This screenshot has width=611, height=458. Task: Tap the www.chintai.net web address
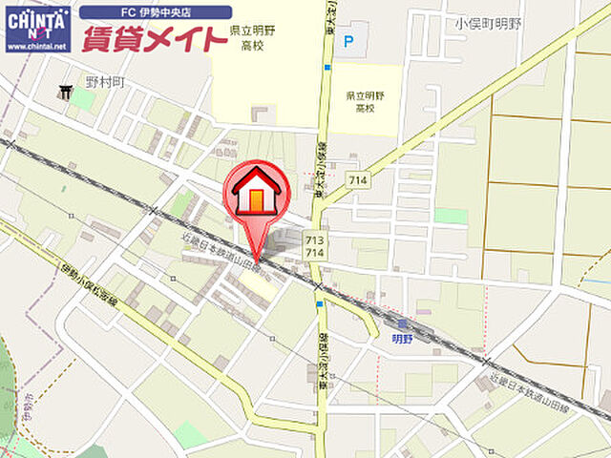click(37, 46)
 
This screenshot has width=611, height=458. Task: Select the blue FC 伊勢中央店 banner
click(155, 12)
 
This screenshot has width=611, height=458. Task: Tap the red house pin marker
click(256, 196)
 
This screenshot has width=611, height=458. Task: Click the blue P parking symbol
click(348, 41)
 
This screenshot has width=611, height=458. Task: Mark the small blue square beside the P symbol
click(328, 67)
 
